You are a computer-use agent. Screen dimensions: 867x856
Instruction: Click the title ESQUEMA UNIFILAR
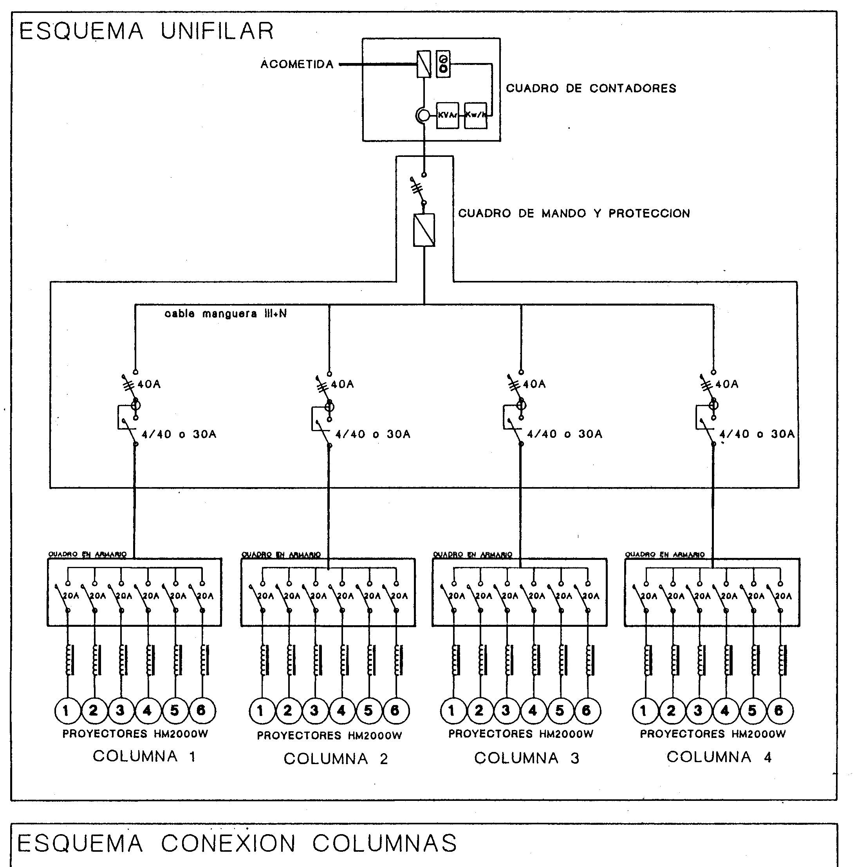point(146,31)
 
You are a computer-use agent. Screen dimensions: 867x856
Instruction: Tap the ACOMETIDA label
point(297,65)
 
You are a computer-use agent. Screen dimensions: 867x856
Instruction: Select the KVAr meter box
point(447,115)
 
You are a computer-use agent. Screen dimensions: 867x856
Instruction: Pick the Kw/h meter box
point(475,115)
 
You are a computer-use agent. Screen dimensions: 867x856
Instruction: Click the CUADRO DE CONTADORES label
point(591,88)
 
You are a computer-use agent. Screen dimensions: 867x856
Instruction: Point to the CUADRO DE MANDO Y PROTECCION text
point(574,214)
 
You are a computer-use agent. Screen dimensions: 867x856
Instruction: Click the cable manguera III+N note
point(226,314)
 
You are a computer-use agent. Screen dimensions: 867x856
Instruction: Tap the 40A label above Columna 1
point(149,384)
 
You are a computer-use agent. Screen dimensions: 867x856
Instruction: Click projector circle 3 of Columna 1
point(120,711)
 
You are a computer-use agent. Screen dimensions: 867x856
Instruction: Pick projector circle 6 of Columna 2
point(395,711)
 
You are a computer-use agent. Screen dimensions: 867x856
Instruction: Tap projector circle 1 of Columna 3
point(452,711)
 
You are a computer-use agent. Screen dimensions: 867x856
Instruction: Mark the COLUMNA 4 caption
point(719,757)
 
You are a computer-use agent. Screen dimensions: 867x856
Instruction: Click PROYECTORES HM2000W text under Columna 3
point(521,734)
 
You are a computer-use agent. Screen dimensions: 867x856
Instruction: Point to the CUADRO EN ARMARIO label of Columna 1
point(88,554)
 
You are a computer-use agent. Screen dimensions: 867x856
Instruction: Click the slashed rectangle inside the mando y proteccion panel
point(424,230)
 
